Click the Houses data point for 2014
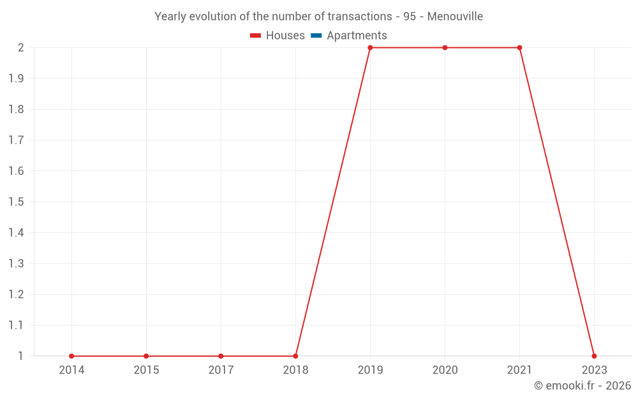[x=71, y=356]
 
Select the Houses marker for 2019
[x=370, y=48]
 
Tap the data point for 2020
[x=445, y=48]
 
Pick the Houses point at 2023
[x=594, y=356]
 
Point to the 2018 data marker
[x=295, y=356]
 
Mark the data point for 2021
[x=519, y=48]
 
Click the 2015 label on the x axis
[x=146, y=370]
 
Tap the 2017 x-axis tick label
[x=221, y=370]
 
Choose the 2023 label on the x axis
[x=594, y=370]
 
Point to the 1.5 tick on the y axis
[x=16, y=202]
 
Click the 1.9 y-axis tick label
[x=16, y=79]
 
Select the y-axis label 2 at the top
[x=20, y=48]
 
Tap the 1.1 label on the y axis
[x=16, y=325]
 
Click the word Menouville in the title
[x=455, y=16]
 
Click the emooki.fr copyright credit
[x=582, y=386]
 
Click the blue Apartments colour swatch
[x=316, y=36]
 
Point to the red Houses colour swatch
[x=255, y=36]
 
